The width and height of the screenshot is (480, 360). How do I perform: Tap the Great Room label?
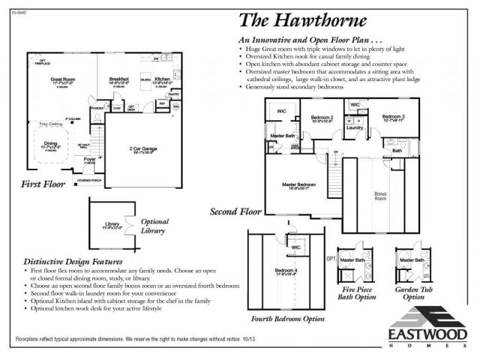62,79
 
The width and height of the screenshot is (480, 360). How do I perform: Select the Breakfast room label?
119,78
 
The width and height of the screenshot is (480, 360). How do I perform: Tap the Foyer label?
89,160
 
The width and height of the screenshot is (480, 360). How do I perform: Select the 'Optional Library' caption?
154,226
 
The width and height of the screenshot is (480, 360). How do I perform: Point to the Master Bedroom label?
298,184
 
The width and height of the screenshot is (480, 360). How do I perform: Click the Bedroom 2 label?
322,118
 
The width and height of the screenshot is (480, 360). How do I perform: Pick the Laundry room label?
355,127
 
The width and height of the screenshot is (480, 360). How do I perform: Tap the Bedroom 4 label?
286,270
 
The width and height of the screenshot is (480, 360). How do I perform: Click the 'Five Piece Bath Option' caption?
358,292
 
